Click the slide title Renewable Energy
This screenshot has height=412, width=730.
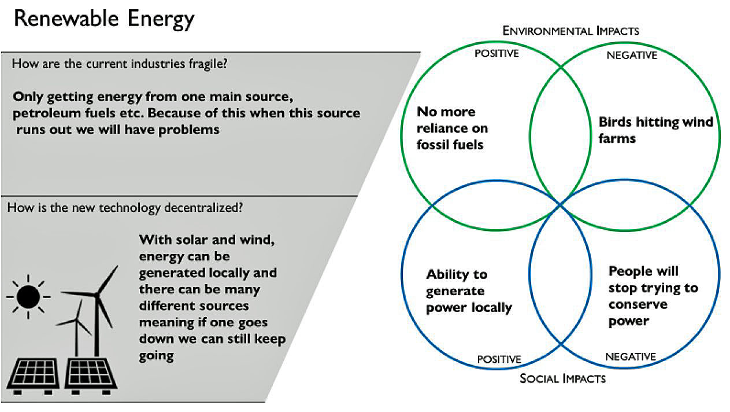pyautogui.click(x=104, y=20)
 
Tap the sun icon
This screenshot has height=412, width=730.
pyautogui.click(x=28, y=297)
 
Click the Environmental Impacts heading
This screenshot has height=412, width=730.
pyautogui.click(x=571, y=31)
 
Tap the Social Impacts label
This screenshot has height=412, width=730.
pyautogui.click(x=562, y=378)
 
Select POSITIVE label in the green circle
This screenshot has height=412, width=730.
pyautogui.click(x=496, y=54)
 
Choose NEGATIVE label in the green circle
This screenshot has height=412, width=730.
pyautogui.click(x=632, y=56)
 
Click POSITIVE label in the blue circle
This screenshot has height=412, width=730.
pyautogui.click(x=499, y=359)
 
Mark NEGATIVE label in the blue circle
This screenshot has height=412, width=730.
pyautogui.click(x=631, y=356)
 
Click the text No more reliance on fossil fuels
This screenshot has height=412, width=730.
pyautogui.click(x=453, y=128)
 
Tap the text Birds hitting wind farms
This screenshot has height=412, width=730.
pyautogui.click(x=655, y=130)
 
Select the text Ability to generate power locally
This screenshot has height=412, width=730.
pyautogui.click(x=469, y=290)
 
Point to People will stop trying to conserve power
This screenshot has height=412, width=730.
pyautogui.click(x=653, y=296)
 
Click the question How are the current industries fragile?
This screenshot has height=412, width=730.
pyautogui.click(x=120, y=63)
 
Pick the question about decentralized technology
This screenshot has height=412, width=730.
pyautogui.click(x=124, y=207)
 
